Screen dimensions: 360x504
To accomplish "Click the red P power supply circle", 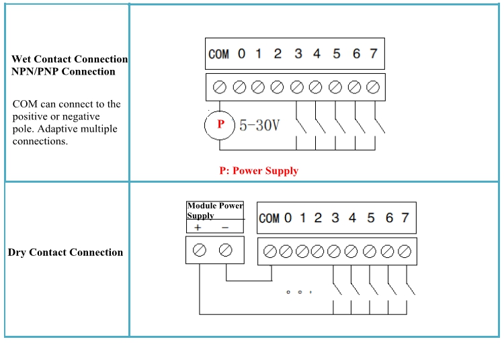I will click(x=220, y=124).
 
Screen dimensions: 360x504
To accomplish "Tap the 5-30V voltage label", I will click(x=259, y=125).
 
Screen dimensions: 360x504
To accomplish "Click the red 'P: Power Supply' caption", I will click(x=259, y=171).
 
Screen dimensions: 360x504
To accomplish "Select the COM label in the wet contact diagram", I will click(x=218, y=54).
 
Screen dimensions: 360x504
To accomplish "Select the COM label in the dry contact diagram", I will click(x=269, y=218).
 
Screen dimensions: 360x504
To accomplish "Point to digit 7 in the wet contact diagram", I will click(x=374, y=54).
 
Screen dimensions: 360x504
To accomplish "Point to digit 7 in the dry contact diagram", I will click(x=405, y=218).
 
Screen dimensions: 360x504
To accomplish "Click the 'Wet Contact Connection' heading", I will click(x=69, y=59).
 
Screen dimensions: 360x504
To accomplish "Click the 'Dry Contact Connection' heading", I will click(x=65, y=253).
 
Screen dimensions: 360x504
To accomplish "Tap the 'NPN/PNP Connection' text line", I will click(x=63, y=71).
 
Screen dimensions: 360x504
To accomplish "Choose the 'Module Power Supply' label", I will click(x=214, y=210).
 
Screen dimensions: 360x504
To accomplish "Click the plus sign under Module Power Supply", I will click(x=198, y=228).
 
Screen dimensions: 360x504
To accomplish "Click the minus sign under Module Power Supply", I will click(x=225, y=228).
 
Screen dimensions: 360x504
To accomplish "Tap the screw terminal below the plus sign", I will click(x=199, y=251).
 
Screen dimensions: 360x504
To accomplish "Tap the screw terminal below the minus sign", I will click(x=226, y=251).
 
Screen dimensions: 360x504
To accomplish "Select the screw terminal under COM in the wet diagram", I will click(x=219, y=87).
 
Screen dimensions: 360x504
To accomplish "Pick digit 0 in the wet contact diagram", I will click(x=242, y=54).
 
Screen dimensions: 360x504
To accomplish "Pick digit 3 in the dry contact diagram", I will click(x=335, y=218).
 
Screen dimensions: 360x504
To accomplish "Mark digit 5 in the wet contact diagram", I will click(x=336, y=54).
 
